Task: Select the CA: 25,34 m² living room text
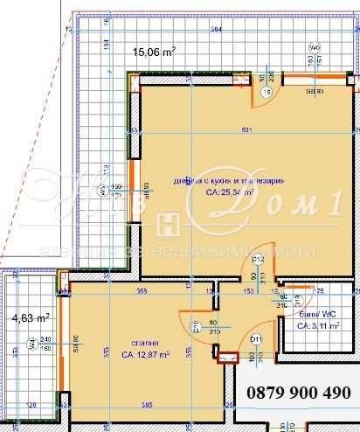pos(230,192)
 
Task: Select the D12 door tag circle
pos(259,260)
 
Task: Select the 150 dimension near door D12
pos(248,289)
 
